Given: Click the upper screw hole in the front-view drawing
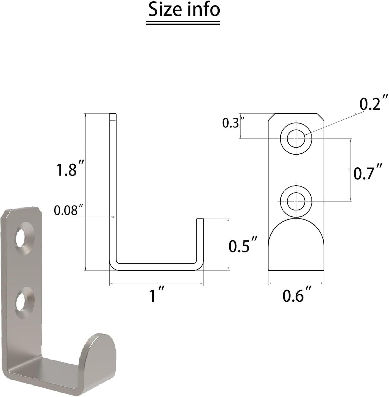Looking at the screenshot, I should tap(296, 139).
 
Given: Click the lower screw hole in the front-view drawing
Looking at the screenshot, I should tap(296, 201).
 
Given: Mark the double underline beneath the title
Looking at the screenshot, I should tap(183, 23).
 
